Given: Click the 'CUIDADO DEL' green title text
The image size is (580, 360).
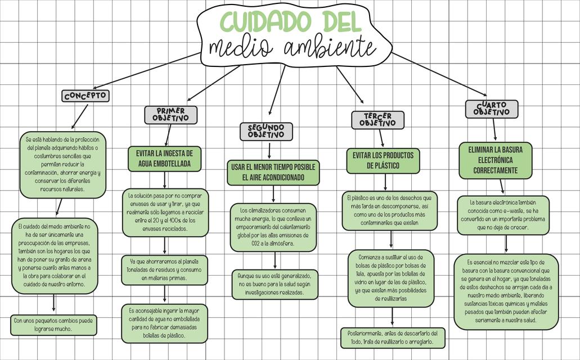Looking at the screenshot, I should pos(290,21).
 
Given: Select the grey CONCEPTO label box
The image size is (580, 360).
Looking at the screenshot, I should pos(86,96).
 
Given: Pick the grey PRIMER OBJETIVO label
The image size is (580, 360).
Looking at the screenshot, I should pos(170,115).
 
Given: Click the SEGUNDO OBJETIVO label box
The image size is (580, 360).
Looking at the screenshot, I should pos(266,132).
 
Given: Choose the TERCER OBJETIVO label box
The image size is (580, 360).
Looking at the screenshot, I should pos(377,120).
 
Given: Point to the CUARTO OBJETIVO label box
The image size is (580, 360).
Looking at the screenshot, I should pos(491,109).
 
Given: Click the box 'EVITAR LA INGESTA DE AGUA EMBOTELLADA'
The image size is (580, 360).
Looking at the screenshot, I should pos(165,159).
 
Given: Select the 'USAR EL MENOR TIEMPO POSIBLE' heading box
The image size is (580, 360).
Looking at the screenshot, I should pos(273,172).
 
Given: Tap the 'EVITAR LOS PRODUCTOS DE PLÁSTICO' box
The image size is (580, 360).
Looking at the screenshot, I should pos(383,160).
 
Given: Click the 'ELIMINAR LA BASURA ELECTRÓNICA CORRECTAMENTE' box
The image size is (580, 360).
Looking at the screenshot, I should pos(495,160).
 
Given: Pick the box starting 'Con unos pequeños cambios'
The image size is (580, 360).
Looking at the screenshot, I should pos(54,325).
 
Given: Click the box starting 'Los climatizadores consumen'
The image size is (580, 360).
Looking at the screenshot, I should pos(273,227).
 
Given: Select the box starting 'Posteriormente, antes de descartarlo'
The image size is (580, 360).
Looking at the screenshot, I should pos(393,337).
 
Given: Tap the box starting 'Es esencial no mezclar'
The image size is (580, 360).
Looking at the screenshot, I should pos(506,291).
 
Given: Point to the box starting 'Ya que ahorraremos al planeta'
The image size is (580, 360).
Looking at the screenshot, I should pos(164,270).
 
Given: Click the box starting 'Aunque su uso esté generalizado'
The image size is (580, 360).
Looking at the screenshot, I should pos(275,284).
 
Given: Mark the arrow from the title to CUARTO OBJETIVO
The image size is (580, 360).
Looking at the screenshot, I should pos(439,74).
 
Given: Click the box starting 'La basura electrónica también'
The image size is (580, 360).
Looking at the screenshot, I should pos(502,215).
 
